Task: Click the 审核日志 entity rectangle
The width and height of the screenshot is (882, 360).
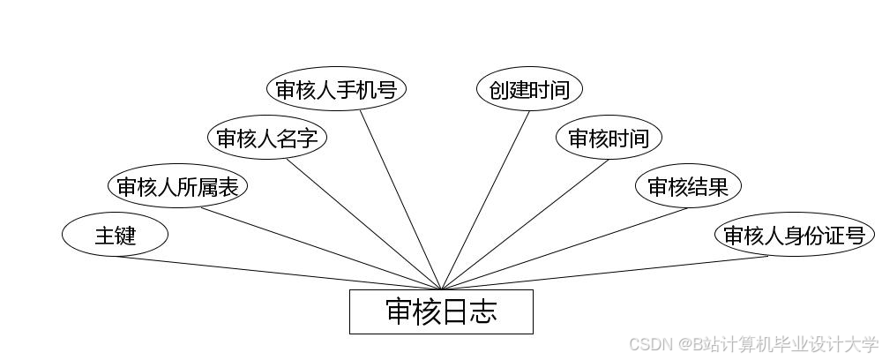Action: (x=441, y=311)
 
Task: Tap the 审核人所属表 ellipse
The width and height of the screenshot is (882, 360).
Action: (x=178, y=186)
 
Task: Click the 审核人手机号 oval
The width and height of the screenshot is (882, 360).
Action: (x=336, y=89)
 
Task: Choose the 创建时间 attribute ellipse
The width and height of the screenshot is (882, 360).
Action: (x=529, y=89)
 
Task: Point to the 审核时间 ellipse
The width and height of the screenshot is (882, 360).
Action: (x=609, y=138)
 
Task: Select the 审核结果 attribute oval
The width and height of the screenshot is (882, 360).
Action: (x=688, y=186)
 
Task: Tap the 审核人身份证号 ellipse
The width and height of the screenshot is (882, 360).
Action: (x=794, y=235)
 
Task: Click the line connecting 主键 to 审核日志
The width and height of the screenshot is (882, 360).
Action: (x=278, y=273)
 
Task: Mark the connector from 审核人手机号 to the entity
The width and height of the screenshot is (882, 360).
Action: (x=400, y=199)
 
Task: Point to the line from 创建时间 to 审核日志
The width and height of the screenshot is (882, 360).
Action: (x=485, y=199)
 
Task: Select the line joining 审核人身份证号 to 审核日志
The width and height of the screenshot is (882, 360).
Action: (x=604, y=273)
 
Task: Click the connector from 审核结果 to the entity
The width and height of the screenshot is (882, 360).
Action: (x=564, y=249)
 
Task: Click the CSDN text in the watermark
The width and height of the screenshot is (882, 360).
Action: (x=652, y=343)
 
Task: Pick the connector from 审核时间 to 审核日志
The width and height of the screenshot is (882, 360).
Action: (x=525, y=224)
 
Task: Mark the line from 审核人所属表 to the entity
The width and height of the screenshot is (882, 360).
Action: (x=322, y=249)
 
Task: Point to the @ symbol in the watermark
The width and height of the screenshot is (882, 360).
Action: (x=684, y=343)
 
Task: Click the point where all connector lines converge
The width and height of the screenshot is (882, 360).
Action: (x=441, y=289)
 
